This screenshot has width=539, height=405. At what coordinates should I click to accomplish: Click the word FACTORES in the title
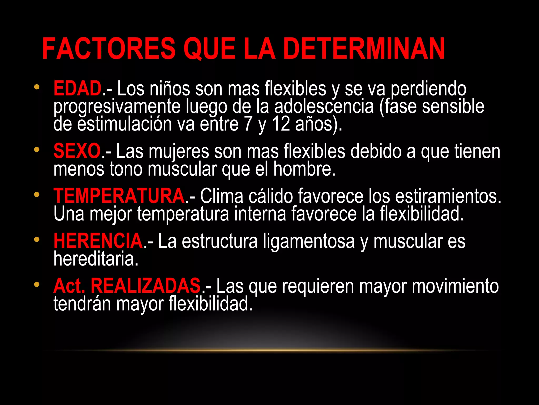pos(109,49)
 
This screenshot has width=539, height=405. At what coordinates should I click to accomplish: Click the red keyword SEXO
pos(77,151)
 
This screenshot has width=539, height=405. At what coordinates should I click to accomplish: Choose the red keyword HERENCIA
pos(98,241)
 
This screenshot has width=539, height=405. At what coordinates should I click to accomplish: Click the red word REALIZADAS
pos(146,286)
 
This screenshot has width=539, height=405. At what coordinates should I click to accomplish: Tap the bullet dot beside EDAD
pos(37,87)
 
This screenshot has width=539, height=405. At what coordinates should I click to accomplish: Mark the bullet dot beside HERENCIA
pos(37,239)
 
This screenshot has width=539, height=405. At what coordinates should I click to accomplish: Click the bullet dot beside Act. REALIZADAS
pos(37,284)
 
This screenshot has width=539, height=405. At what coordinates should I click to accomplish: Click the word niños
pos(169,89)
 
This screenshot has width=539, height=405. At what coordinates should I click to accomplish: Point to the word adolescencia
pos(324,107)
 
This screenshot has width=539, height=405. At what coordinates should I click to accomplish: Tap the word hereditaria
pos(96,259)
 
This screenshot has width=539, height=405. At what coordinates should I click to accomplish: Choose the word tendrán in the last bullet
pos(82,303)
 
